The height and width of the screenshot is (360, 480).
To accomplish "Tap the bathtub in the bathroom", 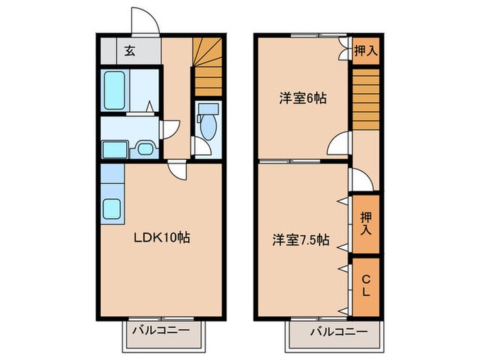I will pyautogui.click(x=114, y=91).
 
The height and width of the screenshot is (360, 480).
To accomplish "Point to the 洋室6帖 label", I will pyautogui.click(x=302, y=98).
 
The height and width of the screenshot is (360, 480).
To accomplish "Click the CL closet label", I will pyautogui.click(x=365, y=285).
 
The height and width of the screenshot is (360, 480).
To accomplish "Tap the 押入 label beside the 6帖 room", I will pyautogui.click(x=365, y=51).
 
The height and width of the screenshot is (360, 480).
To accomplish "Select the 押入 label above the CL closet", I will pyautogui.click(x=365, y=224).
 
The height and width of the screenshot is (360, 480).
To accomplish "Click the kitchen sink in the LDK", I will pyautogui.click(x=112, y=207).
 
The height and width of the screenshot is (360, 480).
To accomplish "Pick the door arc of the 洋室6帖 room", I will pyautogui.click(x=339, y=146).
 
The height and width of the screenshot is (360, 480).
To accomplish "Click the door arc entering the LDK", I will pyautogui.click(x=176, y=169).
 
